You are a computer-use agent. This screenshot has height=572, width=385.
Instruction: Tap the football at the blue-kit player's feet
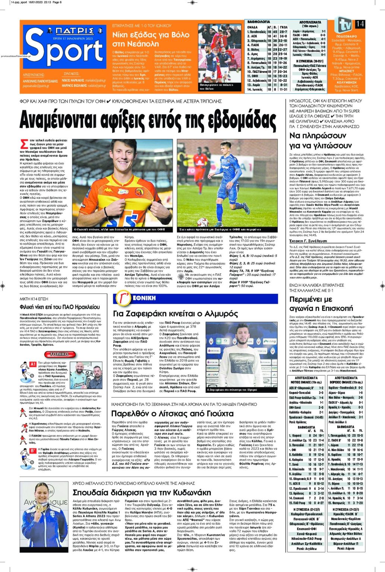tap(203, 222)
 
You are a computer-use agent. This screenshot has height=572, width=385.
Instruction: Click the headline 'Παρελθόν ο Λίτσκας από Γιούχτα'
tap(172, 414)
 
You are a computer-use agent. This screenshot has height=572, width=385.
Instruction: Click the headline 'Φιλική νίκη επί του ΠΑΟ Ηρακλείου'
tap(60, 307)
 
